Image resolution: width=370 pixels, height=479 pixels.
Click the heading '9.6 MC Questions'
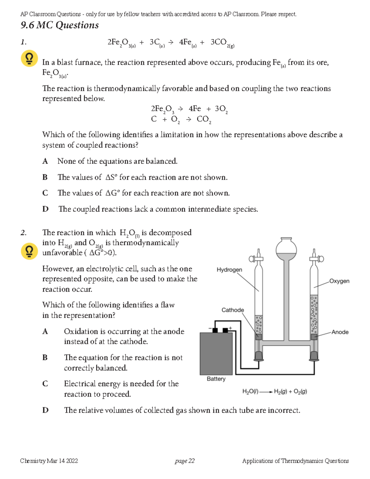click(x=60, y=25)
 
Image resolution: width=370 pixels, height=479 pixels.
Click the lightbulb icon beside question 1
click(x=29, y=59)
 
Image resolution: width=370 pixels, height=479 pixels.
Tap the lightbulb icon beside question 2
click(x=29, y=251)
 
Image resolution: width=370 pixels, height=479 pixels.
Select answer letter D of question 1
click(x=45, y=209)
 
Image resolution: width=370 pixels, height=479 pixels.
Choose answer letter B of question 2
click(x=45, y=357)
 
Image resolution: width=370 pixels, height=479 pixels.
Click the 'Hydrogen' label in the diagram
click(x=229, y=270)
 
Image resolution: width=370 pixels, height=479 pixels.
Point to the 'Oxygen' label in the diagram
click(x=339, y=281)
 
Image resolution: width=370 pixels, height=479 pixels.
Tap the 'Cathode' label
click(x=232, y=310)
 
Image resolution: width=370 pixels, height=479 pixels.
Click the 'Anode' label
click(x=340, y=332)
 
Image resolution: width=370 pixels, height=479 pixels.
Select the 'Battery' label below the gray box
click(x=216, y=379)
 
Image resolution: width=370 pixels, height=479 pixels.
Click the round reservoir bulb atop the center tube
click(x=286, y=249)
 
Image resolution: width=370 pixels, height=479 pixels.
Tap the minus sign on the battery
click(x=210, y=328)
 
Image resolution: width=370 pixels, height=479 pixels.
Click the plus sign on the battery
click(x=230, y=328)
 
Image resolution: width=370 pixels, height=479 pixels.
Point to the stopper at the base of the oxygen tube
click(x=314, y=356)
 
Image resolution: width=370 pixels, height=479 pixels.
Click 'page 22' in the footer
click(x=184, y=461)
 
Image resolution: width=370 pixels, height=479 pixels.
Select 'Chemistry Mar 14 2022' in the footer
click(x=49, y=461)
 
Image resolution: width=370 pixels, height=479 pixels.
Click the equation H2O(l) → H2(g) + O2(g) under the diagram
click(x=274, y=392)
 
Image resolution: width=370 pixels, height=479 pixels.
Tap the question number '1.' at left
click(x=23, y=42)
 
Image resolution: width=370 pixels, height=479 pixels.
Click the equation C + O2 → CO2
click(x=181, y=119)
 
